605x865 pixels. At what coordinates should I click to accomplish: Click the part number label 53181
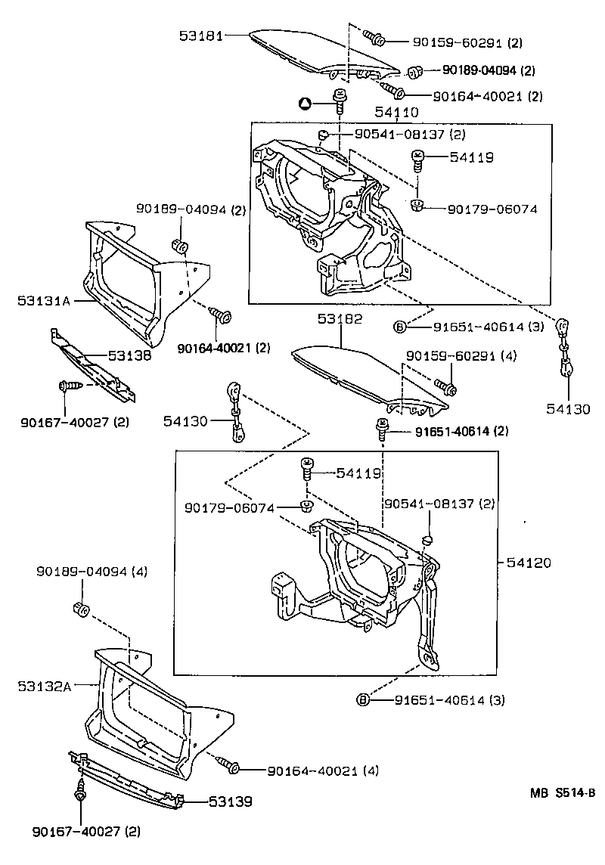click(x=202, y=35)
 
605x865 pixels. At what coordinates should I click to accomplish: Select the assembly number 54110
click(x=396, y=113)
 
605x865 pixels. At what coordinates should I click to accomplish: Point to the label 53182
click(x=340, y=319)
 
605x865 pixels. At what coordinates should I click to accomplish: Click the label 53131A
click(x=44, y=300)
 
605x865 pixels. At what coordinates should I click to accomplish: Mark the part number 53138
click(x=129, y=354)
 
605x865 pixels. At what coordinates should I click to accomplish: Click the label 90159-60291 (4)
click(x=461, y=355)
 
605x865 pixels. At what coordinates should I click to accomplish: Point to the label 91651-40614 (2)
click(x=451, y=431)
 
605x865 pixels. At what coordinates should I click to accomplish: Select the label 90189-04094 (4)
click(x=92, y=572)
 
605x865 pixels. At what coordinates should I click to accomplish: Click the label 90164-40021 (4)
click(x=323, y=770)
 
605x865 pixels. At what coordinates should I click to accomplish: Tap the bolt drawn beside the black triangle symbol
click(x=339, y=100)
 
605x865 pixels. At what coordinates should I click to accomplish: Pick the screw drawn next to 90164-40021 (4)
click(x=229, y=766)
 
